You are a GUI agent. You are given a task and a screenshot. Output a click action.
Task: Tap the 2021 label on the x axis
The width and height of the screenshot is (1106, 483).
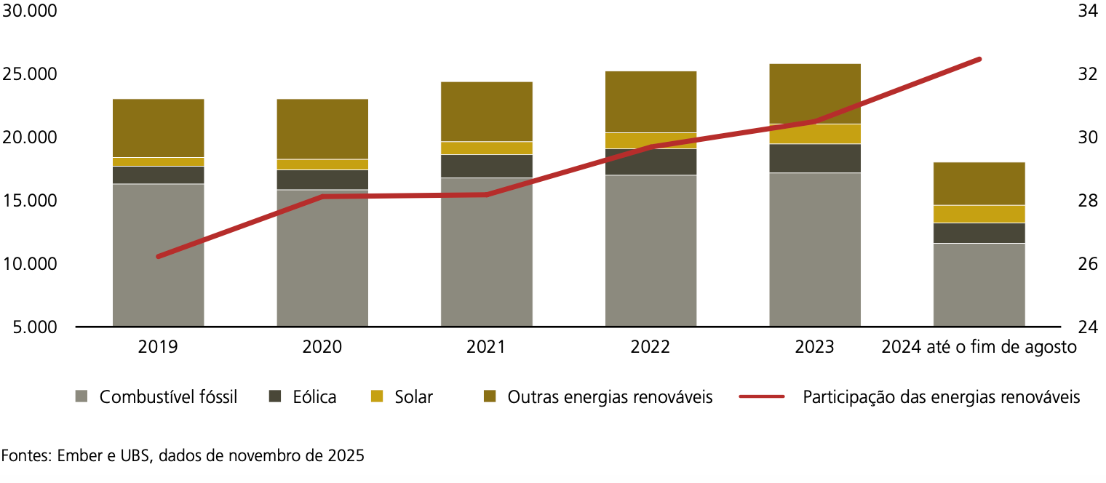coord(486,348)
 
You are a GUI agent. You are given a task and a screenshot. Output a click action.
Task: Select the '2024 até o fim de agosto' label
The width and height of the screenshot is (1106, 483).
coord(979,348)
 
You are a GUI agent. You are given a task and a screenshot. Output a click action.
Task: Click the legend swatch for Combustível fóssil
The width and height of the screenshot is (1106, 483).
coord(81,397)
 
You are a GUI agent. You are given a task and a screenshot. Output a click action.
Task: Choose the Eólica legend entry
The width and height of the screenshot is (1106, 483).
coord(314,397)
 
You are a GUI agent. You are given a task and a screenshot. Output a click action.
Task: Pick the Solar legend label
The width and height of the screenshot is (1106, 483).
coord(413,397)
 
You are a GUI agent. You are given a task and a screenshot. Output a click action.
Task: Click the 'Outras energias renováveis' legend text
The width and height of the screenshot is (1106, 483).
coord(610,397)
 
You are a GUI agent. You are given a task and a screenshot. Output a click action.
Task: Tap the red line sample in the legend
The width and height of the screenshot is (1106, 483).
coord(762,397)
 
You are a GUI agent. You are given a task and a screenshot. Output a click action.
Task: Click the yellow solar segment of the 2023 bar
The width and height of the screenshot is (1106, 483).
coord(815,135)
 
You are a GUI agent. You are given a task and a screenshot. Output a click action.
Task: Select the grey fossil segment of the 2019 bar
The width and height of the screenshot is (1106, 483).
coord(158,255)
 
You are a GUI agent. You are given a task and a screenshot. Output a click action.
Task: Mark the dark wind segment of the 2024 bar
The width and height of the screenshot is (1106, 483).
coord(979,233)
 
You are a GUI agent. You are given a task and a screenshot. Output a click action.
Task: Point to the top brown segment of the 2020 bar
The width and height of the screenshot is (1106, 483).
coord(322,129)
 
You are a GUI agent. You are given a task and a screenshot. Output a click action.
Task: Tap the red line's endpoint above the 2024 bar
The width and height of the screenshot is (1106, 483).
coord(979,59)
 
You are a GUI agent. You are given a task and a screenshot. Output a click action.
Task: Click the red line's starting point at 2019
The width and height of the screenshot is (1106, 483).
coord(159,256)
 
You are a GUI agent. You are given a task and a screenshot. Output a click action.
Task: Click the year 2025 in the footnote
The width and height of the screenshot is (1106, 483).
coord(346,456)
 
